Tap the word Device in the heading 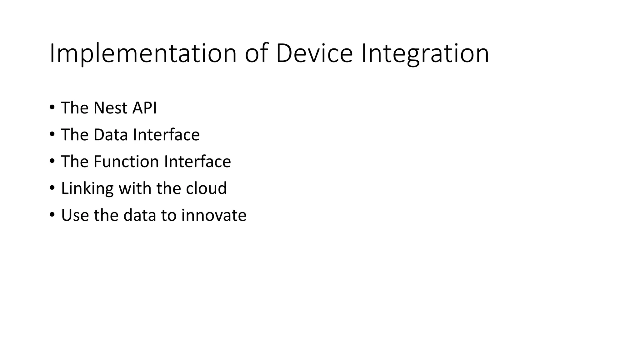pyautogui.click(x=314, y=54)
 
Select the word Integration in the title pyautogui.click(x=425, y=54)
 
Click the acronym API pyautogui.click(x=144, y=108)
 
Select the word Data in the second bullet pyautogui.click(x=111, y=135)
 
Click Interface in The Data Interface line pyautogui.click(x=166, y=135)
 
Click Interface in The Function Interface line pyautogui.click(x=197, y=162)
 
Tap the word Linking pyautogui.click(x=87, y=188)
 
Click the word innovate pyautogui.click(x=214, y=215)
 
